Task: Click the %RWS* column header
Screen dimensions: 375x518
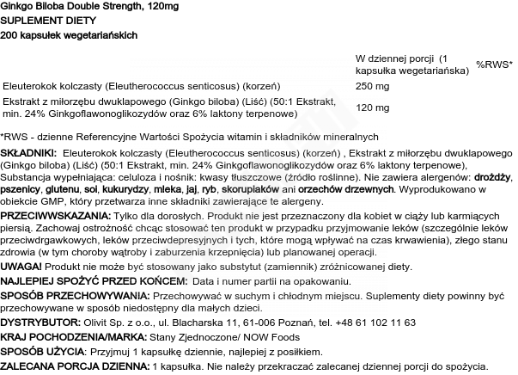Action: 494,65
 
